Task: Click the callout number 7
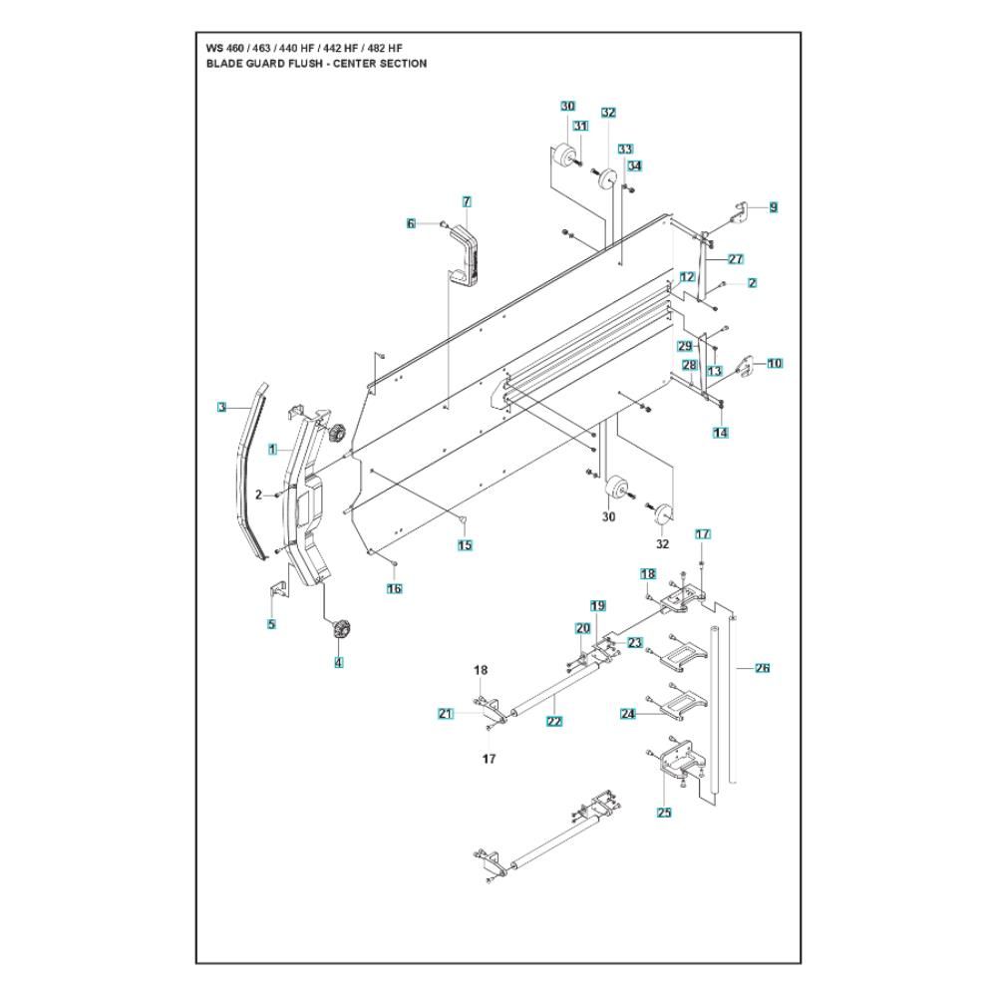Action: point(467,202)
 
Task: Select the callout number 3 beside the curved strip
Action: point(222,407)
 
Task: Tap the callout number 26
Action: point(762,668)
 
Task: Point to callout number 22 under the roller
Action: point(554,721)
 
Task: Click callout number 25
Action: point(664,813)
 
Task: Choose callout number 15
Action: point(465,545)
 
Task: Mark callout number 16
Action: point(395,589)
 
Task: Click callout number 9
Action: point(773,208)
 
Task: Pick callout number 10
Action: point(775,364)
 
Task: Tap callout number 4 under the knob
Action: point(338,662)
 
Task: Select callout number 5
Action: point(271,625)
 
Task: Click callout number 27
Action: point(736,259)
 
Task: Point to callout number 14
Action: point(720,433)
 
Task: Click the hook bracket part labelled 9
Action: point(738,210)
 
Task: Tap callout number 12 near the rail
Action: point(687,276)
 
